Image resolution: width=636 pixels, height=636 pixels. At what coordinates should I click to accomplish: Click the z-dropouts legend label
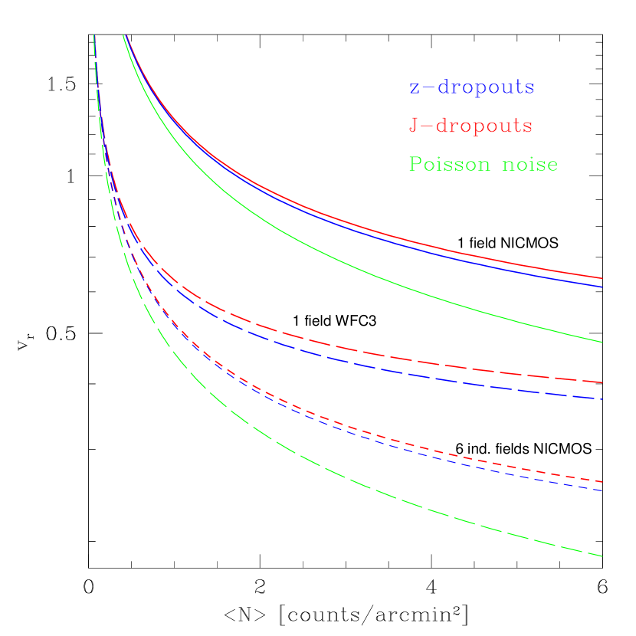(471, 87)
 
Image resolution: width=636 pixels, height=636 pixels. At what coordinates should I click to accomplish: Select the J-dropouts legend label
(470, 126)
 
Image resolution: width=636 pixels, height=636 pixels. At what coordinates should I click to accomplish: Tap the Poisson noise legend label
(483, 164)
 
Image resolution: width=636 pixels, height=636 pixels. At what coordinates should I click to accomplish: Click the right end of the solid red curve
(602, 278)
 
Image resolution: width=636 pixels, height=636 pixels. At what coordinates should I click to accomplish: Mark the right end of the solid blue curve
(602, 287)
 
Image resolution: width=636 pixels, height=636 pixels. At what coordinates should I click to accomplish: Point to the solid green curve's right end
(602, 342)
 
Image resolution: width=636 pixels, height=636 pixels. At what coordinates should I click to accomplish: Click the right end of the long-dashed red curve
(602, 382)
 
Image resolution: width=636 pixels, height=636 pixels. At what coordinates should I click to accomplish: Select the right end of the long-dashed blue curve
(602, 398)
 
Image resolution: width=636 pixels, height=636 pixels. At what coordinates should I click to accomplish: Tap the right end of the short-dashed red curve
(602, 481)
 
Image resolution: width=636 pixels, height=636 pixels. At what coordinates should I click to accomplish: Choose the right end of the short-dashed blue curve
(602, 490)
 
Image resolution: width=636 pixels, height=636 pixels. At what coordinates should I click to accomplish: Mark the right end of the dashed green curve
(602, 556)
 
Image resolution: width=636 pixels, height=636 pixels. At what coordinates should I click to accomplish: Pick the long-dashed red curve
(383, 356)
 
